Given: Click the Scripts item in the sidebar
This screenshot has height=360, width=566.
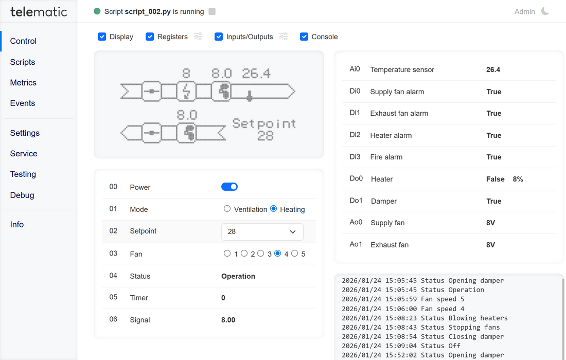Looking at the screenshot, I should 23,62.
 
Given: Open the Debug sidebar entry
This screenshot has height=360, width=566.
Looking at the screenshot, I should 22,195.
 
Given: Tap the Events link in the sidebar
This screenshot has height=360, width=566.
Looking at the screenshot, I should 23,103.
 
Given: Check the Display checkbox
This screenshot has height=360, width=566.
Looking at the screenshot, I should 102,37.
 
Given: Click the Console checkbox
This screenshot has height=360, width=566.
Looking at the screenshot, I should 304,37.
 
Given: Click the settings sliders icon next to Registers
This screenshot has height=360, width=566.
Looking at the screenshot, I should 198,37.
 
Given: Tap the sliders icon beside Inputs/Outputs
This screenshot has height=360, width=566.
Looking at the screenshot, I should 284,37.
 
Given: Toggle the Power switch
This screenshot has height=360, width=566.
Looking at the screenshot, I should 229,187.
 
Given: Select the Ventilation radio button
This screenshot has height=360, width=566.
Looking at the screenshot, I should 227,209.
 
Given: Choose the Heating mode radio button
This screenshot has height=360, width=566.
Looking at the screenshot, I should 274,209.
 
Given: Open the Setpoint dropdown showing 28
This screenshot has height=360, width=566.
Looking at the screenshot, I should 262,231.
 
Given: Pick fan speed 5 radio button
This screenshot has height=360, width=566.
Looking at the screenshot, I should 295,254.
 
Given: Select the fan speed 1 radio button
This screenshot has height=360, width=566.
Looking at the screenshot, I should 227,254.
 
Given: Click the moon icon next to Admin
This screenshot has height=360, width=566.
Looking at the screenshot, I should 545,11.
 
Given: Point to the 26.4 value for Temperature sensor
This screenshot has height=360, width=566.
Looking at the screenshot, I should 493,69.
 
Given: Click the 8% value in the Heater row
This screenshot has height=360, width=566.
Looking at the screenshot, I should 518,179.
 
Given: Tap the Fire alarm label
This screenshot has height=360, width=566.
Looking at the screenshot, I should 386,157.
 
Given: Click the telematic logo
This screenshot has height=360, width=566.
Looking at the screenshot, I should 39,11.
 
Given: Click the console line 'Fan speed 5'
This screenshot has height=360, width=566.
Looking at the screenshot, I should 403,299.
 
